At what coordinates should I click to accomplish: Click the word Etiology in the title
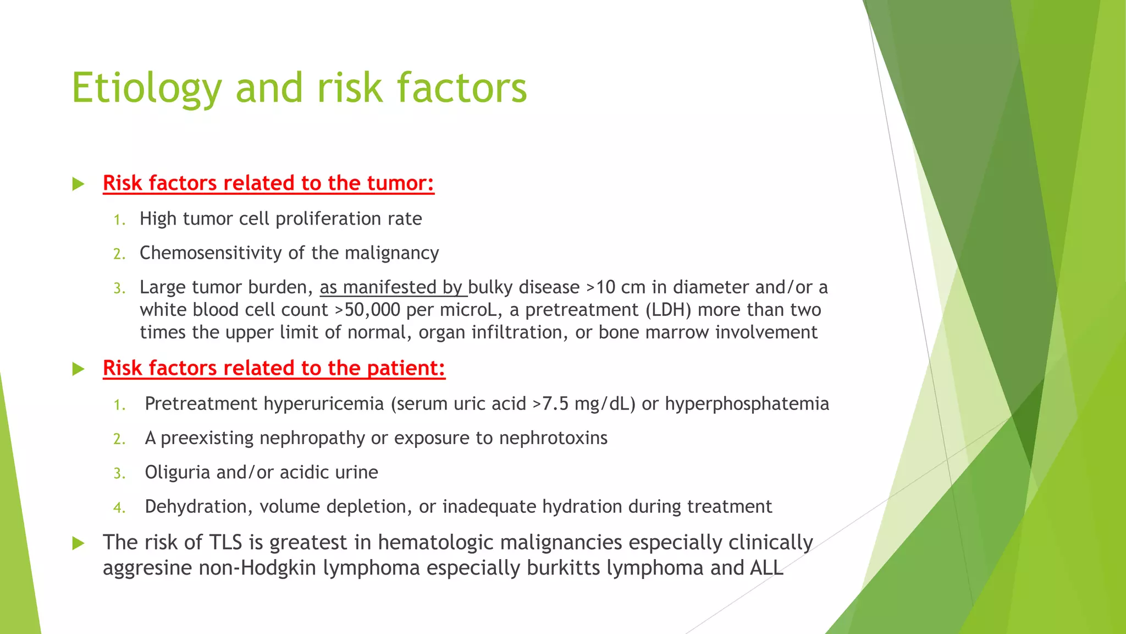point(146,88)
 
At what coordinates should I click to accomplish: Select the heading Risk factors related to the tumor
point(268,183)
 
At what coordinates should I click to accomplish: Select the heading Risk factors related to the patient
point(274,368)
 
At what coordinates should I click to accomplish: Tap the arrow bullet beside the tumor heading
point(79,184)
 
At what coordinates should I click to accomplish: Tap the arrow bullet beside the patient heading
point(79,369)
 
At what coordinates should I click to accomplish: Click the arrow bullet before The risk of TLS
point(79,543)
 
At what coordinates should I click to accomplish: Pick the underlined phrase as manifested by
point(393,287)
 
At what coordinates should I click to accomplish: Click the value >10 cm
point(616,287)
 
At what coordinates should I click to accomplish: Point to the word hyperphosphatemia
point(747,404)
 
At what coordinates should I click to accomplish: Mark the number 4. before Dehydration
point(119,507)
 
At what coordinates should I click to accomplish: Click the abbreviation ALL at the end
point(766,567)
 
